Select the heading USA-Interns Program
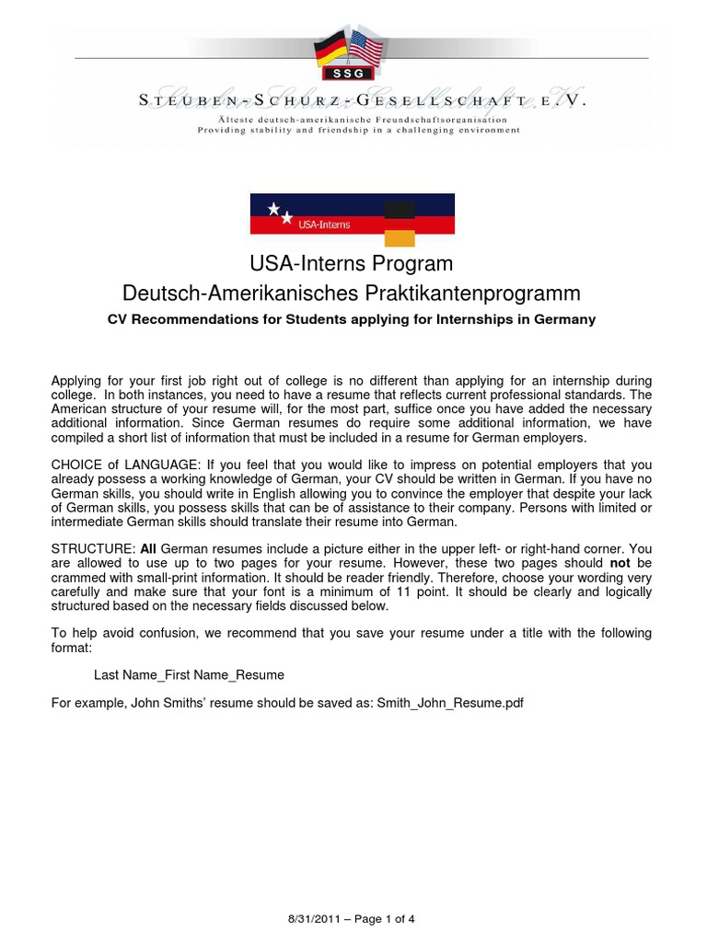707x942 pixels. [352, 264]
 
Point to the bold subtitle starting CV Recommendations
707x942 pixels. [352, 319]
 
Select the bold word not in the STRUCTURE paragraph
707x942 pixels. [618, 562]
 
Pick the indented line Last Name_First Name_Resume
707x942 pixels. [189, 674]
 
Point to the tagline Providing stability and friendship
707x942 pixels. [358, 130]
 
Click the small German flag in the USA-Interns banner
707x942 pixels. [400, 224]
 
